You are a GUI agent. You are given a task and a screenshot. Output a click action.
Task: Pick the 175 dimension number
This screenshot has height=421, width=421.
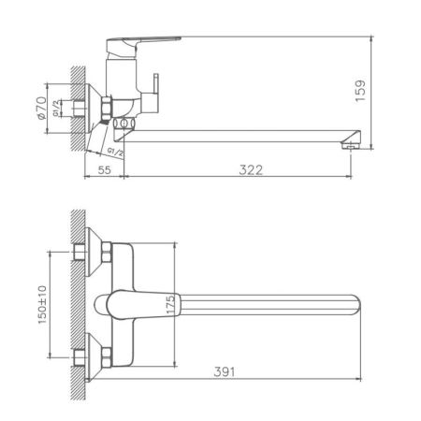coord(169,305)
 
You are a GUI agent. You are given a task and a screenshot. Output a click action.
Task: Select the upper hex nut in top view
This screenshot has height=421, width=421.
coord(107,252)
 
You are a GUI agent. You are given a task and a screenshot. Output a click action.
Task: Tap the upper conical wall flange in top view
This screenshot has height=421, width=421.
coord(86,251)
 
